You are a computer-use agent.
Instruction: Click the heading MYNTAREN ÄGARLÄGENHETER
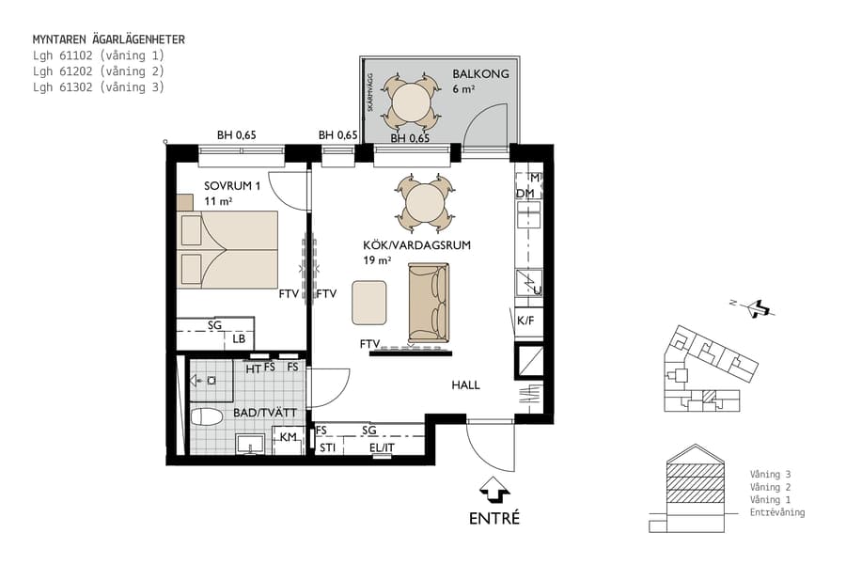coord(108,40)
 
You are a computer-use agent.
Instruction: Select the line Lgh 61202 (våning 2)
coord(99,71)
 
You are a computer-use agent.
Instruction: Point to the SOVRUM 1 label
coord(233,185)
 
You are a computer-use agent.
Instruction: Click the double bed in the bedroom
coord(228,249)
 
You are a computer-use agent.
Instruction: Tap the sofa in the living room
coord(429,303)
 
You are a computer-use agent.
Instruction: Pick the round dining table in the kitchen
coord(426,201)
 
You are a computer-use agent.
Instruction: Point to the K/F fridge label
coord(525,321)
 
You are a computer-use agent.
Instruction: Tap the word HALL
coord(465,385)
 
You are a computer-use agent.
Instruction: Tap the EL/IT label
coord(383,448)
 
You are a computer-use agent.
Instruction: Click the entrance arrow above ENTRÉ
coord(494,490)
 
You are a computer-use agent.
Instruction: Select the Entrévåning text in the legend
coord(776,512)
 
